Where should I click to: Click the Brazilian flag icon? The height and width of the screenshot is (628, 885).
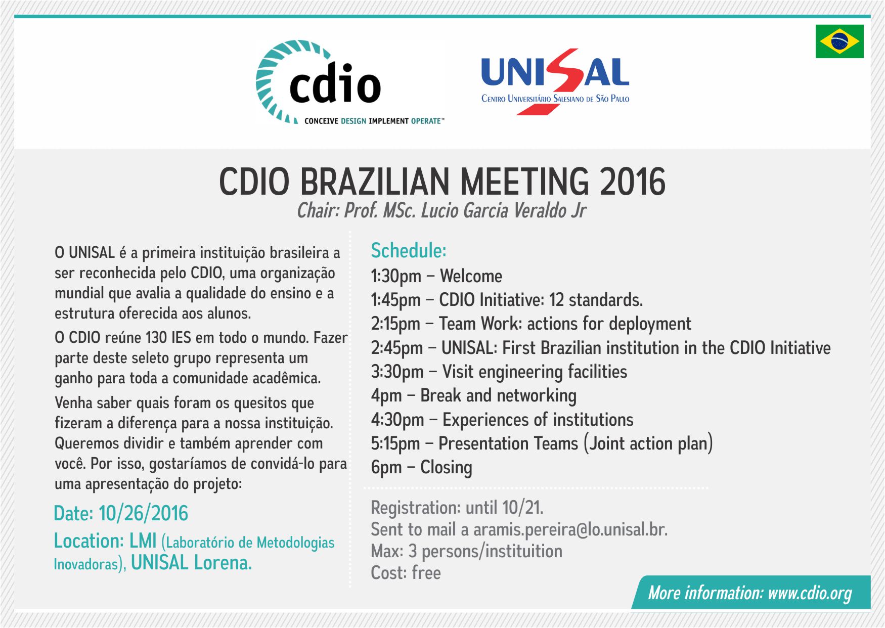839,41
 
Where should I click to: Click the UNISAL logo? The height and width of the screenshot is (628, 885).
555,81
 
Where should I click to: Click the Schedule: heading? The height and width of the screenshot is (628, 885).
409,251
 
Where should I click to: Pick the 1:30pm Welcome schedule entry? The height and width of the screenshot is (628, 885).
436,277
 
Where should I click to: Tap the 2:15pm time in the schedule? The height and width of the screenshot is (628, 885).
395,324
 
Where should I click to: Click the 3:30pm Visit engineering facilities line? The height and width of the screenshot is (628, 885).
499,372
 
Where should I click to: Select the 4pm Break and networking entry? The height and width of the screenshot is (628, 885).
474,396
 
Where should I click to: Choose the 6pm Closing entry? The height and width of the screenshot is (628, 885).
422,468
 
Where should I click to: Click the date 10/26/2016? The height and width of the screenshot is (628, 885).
143,514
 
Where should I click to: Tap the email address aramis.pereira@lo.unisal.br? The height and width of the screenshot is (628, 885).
570,529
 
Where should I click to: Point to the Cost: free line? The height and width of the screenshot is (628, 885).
406,573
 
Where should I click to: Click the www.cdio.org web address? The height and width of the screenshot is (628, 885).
810,593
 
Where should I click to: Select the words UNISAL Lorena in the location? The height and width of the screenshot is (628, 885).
191,563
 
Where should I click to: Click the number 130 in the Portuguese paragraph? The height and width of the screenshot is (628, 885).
156,338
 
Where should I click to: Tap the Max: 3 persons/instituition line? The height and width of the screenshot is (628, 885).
466,551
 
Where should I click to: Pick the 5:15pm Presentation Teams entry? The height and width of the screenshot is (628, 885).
542,443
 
